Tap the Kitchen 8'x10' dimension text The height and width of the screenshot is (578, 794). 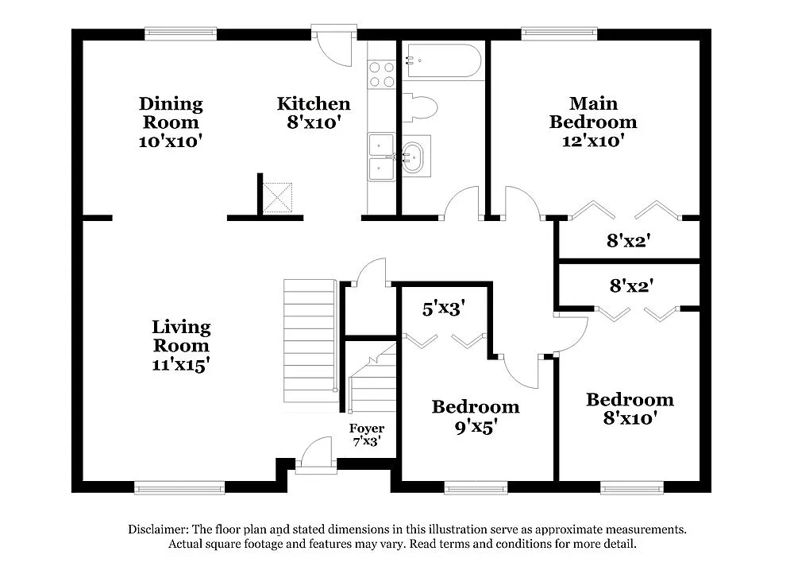point(313,123)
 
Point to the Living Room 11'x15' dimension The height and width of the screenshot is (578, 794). point(181,365)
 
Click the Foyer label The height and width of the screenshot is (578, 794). point(367,429)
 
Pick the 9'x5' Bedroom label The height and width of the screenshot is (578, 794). point(475,426)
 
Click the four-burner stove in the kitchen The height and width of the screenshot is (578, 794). point(381,75)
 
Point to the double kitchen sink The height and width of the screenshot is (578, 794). point(381,157)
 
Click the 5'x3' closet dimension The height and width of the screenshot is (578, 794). point(443,308)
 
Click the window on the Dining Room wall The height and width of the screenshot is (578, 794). point(180,33)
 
